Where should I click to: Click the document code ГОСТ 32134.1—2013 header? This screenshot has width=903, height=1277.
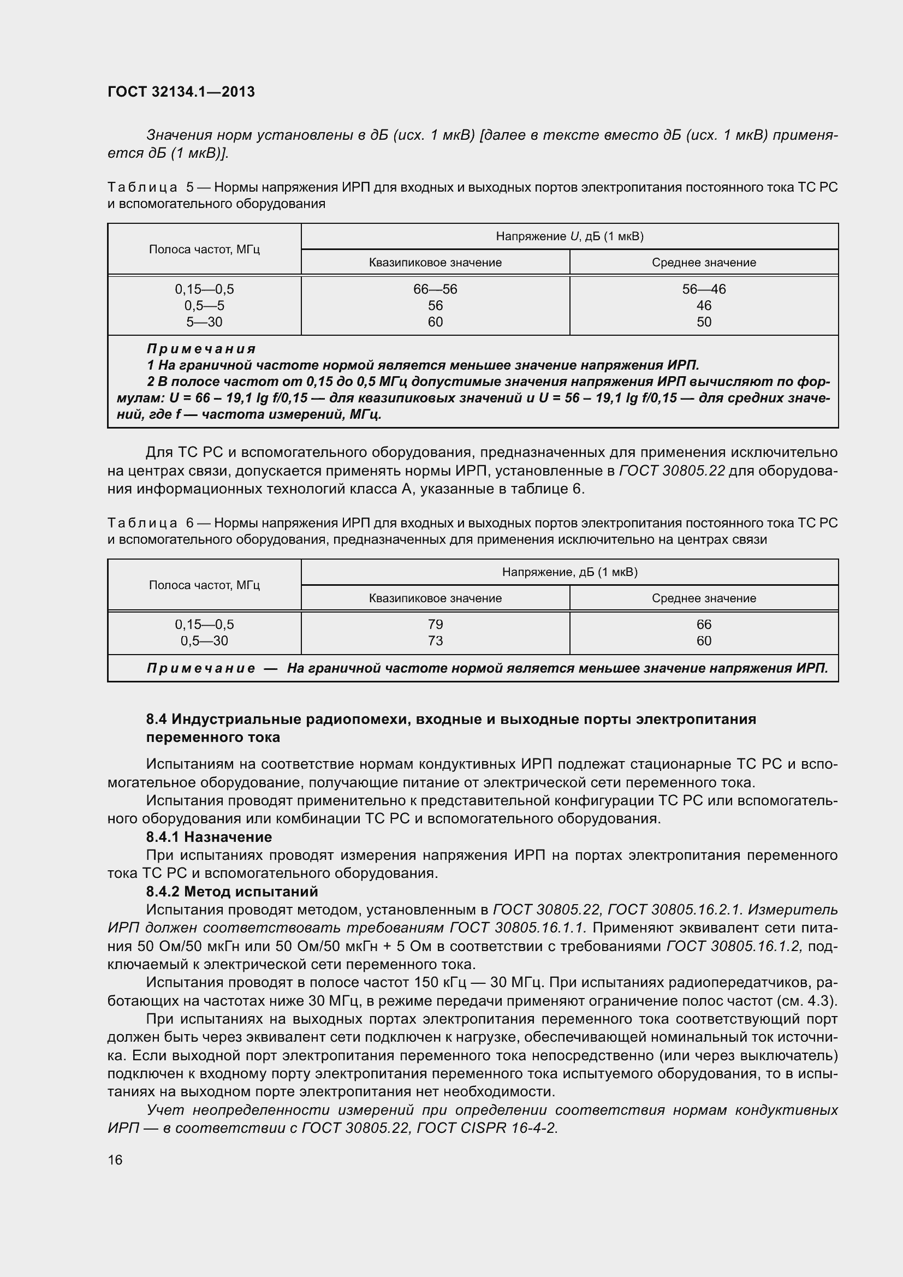point(181,92)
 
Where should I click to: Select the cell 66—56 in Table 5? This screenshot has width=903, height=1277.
point(435,289)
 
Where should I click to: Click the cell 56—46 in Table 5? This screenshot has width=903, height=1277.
point(703,289)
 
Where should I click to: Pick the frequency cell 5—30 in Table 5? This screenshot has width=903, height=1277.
point(204,322)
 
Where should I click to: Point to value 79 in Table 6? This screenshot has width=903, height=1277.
point(435,624)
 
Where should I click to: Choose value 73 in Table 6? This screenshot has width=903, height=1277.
point(435,641)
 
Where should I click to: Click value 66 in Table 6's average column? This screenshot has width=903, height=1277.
point(703,624)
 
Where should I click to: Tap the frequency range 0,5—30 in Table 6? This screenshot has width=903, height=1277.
point(204,641)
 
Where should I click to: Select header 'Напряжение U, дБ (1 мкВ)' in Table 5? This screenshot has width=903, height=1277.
point(569,236)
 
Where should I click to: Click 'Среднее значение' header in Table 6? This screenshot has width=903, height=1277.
point(703,598)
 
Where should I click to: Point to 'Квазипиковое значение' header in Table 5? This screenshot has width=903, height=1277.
point(435,263)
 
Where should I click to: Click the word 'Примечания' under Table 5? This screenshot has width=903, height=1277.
point(201,349)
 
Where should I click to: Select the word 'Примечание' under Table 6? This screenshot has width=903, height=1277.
point(201,668)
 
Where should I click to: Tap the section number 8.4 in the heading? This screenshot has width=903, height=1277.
point(156,719)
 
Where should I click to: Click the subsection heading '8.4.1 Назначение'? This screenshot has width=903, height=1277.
point(209,836)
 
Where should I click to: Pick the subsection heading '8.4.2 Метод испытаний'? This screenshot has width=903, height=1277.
point(232,891)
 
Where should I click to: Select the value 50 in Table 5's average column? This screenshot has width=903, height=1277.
point(703,322)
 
